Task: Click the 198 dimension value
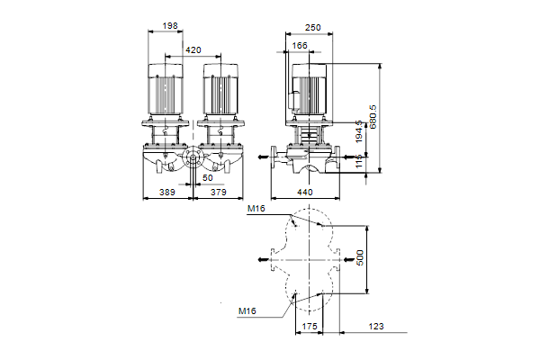click(170, 26)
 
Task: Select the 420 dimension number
click(193, 50)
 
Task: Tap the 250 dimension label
click(312, 28)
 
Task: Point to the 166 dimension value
click(300, 46)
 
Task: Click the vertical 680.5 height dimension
click(373, 117)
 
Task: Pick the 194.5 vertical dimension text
click(359, 131)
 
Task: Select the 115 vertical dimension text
click(359, 161)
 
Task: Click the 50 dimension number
click(208, 178)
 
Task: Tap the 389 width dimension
click(167, 193)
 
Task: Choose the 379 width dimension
click(219, 193)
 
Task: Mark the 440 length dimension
click(305, 193)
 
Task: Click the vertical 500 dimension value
click(359, 257)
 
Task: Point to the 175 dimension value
click(310, 326)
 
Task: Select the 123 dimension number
click(376, 326)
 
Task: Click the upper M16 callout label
click(256, 209)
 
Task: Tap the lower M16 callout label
click(247, 311)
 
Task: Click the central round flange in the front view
click(193, 158)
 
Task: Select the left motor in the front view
click(166, 89)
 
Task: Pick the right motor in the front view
click(220, 89)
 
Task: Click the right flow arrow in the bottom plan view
click(349, 259)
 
